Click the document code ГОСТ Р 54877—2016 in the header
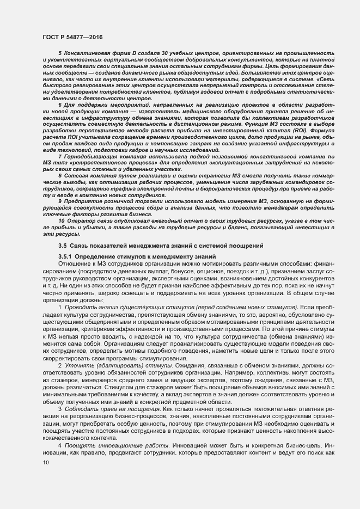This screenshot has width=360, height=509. pos(72,36)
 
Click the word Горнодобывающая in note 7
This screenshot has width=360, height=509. pos(90,157)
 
